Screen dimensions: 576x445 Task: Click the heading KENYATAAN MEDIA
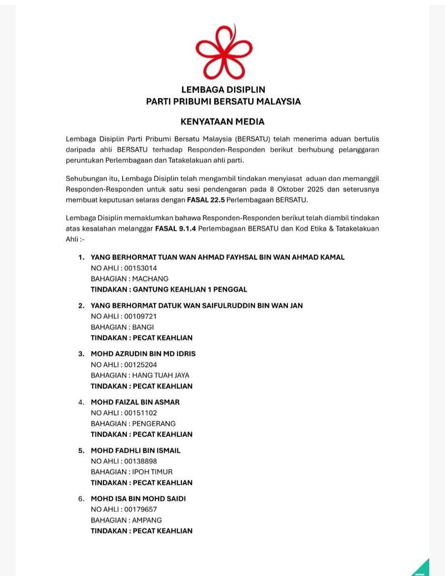click(222, 122)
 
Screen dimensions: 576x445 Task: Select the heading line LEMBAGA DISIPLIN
click(223, 90)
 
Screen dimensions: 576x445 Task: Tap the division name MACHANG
click(150, 279)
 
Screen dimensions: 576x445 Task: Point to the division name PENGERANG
click(154, 423)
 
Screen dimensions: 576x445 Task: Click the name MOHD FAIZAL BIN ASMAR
click(135, 402)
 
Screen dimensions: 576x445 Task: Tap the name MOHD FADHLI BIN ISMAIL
click(135, 450)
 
